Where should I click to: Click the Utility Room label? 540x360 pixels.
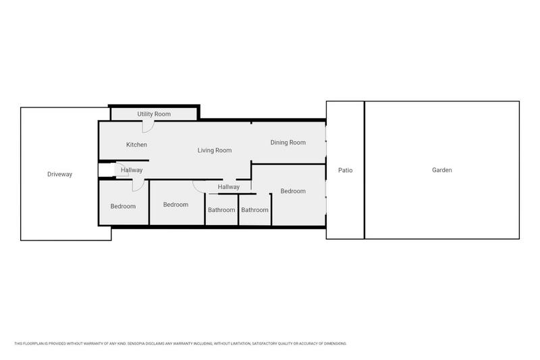click(154, 114)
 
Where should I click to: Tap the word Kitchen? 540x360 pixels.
click(137, 145)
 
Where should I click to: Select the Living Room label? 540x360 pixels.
click(215, 151)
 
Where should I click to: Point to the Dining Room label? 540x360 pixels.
click(288, 143)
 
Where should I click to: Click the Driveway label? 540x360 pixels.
click(59, 174)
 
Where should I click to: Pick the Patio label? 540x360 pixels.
click(346, 170)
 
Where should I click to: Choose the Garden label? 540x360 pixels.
click(442, 170)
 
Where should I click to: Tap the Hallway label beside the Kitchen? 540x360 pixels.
click(132, 170)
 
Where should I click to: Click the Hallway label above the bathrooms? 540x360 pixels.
click(229, 187)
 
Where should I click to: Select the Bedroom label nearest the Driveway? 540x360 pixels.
click(123, 207)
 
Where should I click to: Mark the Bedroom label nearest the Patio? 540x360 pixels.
click(293, 191)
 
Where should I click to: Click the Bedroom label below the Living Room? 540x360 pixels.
click(175, 205)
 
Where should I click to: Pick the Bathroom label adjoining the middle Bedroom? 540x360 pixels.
click(221, 210)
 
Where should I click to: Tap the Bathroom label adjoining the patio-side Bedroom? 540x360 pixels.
click(255, 210)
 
